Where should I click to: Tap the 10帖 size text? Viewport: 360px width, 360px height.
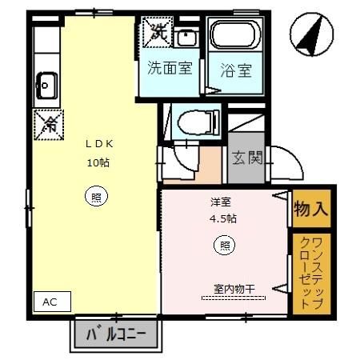(x=98, y=162)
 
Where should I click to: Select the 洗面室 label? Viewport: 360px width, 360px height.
(x=169, y=68)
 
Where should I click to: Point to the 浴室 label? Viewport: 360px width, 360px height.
(x=236, y=70)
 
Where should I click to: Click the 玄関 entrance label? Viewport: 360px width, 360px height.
(x=247, y=158)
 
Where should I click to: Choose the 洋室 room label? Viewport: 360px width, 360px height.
(x=221, y=202)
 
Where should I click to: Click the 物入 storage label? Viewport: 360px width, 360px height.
(x=311, y=210)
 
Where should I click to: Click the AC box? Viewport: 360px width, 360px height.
(x=50, y=302)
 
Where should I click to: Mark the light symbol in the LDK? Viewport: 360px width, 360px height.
(x=95, y=196)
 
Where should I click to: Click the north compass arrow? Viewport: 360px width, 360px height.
(x=308, y=35)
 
